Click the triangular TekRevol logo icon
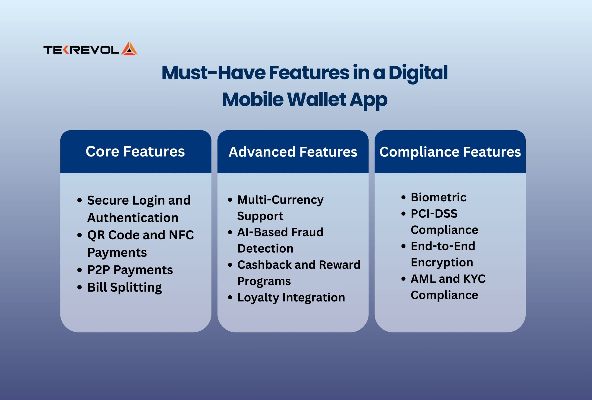point(129,48)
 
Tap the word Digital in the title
point(418,73)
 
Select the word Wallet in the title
point(317,99)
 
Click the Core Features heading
point(135,151)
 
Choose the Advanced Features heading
point(293,152)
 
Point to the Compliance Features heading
point(450,152)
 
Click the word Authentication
point(133,218)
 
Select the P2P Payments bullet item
point(130,270)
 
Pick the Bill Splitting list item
point(125,287)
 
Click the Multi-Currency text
point(281,200)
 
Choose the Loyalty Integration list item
point(291,297)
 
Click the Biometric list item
point(438,197)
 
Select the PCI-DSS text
point(434,214)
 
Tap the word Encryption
point(442,262)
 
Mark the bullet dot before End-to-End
point(403,246)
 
